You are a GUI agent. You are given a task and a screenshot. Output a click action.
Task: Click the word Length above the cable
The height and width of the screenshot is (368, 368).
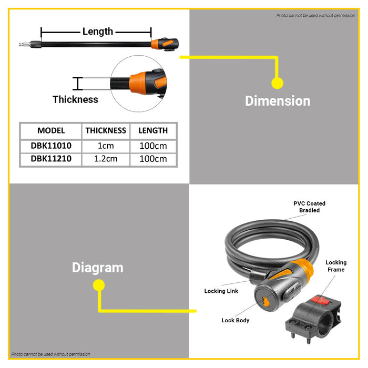click(x=98, y=32)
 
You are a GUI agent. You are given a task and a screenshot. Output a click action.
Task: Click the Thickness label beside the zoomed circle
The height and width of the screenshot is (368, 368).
click(x=75, y=99)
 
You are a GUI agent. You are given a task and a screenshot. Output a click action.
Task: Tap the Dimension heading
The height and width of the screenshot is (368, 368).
click(x=278, y=101)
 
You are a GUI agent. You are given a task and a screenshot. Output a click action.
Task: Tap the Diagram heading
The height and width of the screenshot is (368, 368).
click(x=98, y=268)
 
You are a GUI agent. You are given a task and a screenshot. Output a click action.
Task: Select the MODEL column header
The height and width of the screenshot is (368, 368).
click(x=51, y=130)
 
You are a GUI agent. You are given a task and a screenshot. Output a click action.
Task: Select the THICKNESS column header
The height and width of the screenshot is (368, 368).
click(x=106, y=130)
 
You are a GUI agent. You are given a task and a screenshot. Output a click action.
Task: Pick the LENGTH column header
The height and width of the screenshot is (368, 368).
click(x=153, y=130)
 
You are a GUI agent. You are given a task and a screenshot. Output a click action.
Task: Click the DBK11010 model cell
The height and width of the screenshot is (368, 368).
click(x=51, y=145)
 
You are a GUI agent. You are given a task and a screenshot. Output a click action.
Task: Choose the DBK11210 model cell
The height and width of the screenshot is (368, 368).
click(x=51, y=159)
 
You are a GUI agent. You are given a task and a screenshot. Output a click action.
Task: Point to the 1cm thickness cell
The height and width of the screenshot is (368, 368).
click(x=106, y=145)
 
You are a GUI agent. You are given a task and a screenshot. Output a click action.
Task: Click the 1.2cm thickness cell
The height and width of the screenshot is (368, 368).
click(x=106, y=159)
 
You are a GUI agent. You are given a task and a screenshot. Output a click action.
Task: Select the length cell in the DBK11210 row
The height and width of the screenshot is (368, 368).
click(x=153, y=159)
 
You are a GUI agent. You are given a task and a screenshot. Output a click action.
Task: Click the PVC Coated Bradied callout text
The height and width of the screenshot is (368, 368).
click(x=309, y=207)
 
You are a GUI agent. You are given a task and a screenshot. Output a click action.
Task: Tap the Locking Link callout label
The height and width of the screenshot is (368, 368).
click(x=221, y=291)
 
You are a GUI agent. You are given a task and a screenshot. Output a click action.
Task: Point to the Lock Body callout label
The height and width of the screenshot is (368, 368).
click(x=236, y=320)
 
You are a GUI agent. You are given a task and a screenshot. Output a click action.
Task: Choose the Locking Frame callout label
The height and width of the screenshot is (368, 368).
click(x=336, y=266)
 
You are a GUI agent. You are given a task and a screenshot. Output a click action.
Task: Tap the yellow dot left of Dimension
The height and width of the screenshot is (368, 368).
click(x=277, y=83)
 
